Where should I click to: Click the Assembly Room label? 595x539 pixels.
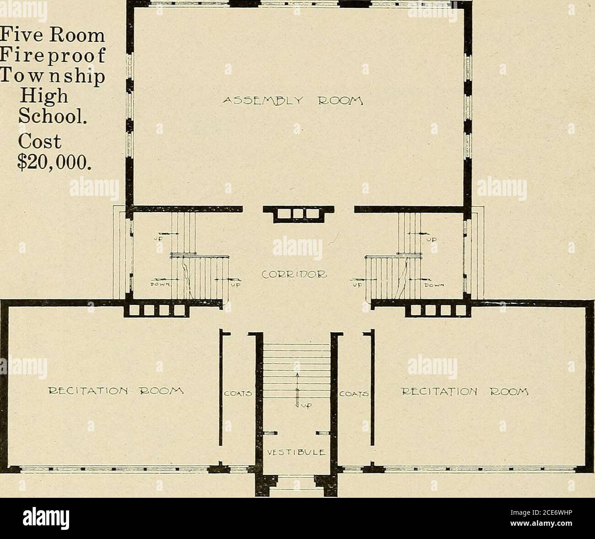[x=298, y=101]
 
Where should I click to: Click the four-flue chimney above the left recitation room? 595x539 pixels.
[x=155, y=311]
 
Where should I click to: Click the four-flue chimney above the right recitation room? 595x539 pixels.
[x=439, y=311]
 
